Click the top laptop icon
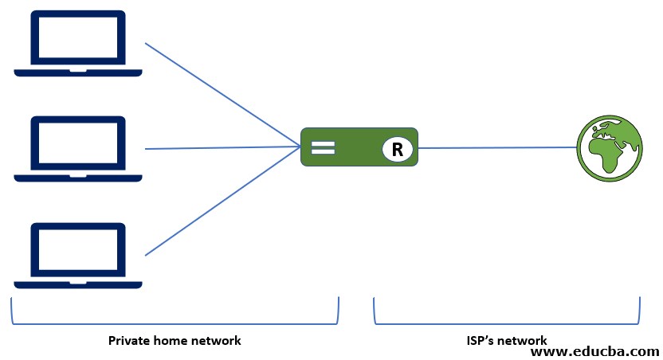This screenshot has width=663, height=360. (78, 43)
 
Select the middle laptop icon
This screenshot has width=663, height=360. (78, 148)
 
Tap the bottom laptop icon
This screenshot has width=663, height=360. (78, 253)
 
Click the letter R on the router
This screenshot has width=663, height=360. (396, 148)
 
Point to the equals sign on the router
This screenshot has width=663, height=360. (322, 147)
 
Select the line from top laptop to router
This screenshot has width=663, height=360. (223, 96)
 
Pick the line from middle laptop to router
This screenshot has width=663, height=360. (223, 147)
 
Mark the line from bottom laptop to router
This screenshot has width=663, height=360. (223, 201)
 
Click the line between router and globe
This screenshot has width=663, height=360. (498, 147)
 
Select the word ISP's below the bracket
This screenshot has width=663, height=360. (481, 341)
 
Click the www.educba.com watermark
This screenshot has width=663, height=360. (594, 350)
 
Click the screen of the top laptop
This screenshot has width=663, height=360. (78, 37)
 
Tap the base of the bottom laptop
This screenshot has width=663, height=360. (78, 284)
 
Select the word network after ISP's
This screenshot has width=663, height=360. (523, 341)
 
